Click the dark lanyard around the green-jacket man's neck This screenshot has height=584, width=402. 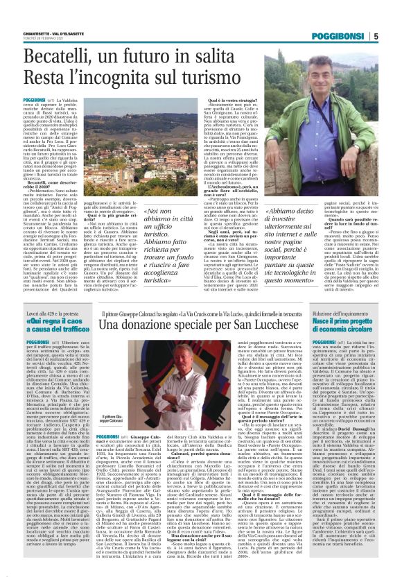click(320, 104)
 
